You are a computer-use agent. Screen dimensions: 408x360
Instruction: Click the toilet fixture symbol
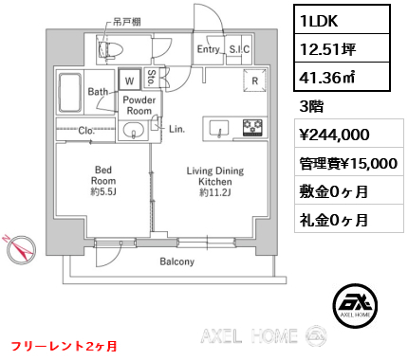[x=110, y=49]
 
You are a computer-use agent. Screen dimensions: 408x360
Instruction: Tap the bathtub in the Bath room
[x=69, y=93]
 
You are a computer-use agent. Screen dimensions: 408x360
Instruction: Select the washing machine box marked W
[x=129, y=80]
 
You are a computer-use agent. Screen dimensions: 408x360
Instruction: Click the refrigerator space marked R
[x=254, y=81]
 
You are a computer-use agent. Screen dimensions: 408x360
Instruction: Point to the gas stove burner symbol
[x=252, y=128]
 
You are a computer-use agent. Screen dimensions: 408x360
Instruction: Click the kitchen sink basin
[x=219, y=128]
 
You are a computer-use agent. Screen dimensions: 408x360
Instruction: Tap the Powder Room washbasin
[x=134, y=130]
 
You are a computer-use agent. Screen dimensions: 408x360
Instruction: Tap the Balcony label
[x=176, y=261]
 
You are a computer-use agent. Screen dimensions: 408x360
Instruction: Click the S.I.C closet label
[x=239, y=49]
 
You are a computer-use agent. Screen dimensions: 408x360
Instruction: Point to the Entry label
[x=208, y=49]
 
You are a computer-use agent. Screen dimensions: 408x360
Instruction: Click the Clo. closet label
[x=86, y=131]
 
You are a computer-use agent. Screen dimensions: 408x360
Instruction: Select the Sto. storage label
[x=152, y=78]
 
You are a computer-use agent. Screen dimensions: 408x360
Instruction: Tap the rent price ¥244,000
[x=335, y=135]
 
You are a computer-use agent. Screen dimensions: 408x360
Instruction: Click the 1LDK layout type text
[x=319, y=21]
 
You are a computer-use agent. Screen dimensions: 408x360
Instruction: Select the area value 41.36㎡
[x=327, y=77]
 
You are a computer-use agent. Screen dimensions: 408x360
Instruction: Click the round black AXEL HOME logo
[x=355, y=306]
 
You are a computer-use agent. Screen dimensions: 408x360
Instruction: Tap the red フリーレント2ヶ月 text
[x=65, y=346]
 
